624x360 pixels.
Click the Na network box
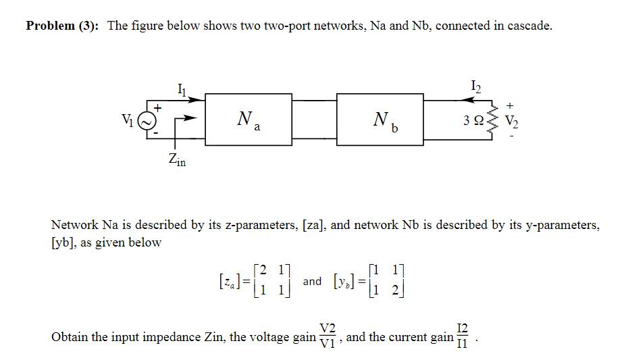[248, 120]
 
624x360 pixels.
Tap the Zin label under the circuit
[177, 160]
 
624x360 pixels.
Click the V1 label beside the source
[126, 120]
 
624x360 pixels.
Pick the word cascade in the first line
[527, 26]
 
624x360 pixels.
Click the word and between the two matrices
[312, 280]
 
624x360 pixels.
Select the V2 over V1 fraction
[327, 335]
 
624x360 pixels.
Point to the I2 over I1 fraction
[462, 335]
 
